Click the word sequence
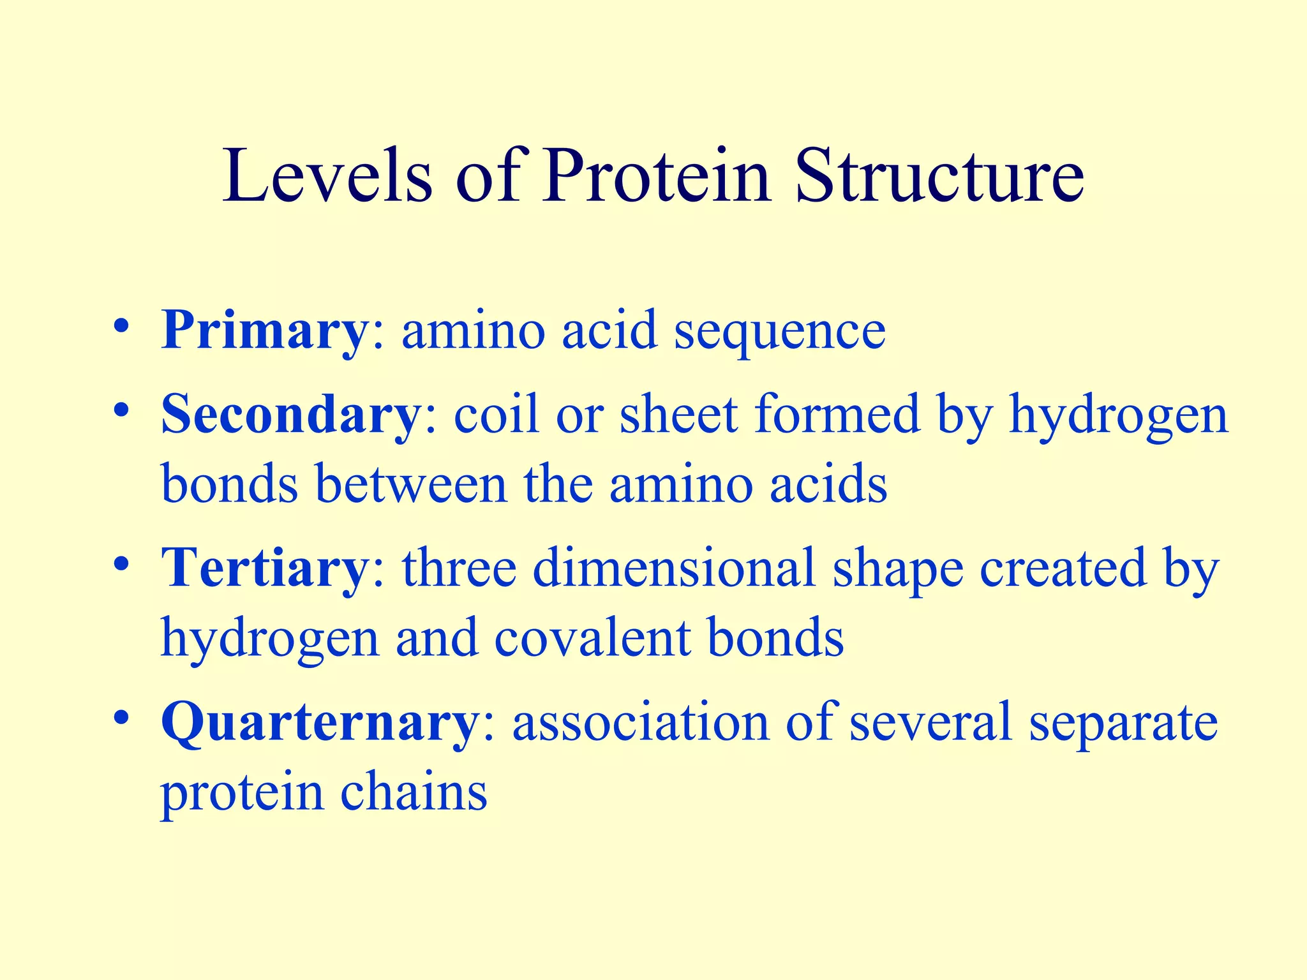pos(780,333)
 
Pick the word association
pos(641,722)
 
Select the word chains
pos(414,792)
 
